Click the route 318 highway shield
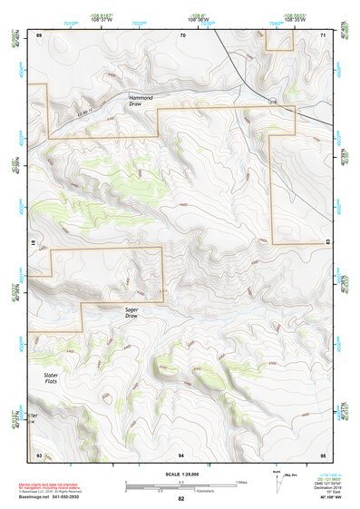(x=271, y=103)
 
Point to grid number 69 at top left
(x=39, y=34)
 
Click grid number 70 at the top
(x=182, y=34)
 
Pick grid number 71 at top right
(x=324, y=34)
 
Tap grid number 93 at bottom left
(x=39, y=454)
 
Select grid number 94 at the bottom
(x=181, y=454)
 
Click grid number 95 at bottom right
(x=323, y=454)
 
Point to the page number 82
(x=180, y=499)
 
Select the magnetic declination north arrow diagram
(x=277, y=481)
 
